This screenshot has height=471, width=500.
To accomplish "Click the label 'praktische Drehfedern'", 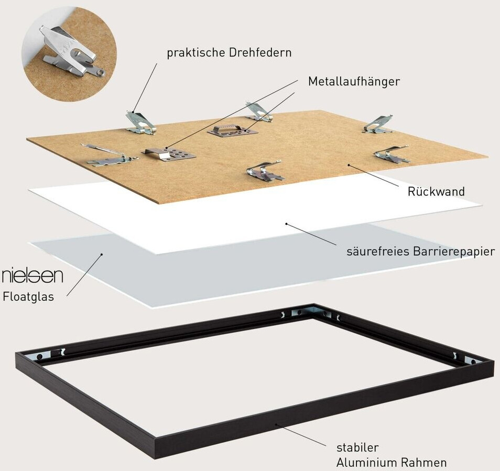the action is [x=229, y=53].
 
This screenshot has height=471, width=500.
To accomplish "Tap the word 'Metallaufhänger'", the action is [x=354, y=82].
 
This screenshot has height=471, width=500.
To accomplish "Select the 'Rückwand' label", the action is [x=436, y=192].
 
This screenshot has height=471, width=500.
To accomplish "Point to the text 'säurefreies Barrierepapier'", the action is [x=421, y=251].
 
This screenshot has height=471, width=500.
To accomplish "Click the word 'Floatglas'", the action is [x=29, y=297].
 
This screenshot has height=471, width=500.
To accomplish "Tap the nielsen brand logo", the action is [x=32, y=276].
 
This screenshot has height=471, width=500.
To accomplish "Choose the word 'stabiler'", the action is [x=357, y=447].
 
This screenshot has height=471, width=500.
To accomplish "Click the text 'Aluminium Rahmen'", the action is [x=392, y=463].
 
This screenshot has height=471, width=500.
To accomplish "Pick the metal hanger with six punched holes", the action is [x=169, y=154].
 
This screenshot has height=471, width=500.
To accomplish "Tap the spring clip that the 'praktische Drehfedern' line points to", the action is [x=139, y=122].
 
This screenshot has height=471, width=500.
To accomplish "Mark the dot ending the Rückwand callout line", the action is [x=349, y=165].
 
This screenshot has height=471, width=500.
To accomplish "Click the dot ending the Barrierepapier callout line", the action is [x=287, y=224].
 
